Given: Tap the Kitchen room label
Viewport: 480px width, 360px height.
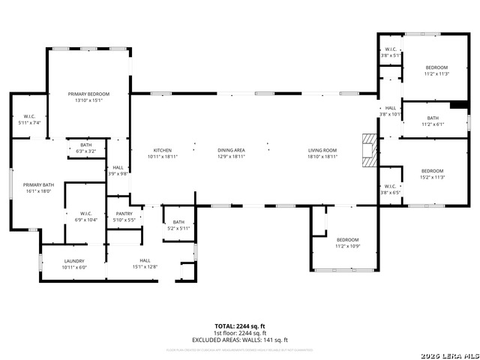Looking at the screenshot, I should coord(163,150).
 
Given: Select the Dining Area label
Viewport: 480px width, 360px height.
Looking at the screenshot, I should coord(231,150).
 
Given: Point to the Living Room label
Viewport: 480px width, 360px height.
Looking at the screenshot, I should coord(322,150).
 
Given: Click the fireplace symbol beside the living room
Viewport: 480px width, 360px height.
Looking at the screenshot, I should coord(367,151).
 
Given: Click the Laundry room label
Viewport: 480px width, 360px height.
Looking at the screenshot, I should coord(74,261).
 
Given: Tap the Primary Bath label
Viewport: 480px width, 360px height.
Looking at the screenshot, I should coord(37,184).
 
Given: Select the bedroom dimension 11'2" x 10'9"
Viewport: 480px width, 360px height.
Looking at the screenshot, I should coord(347,247).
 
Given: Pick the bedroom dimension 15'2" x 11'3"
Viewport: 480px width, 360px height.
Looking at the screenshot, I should coord(432,177).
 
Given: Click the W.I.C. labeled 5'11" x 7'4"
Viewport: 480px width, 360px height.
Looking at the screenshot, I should coord(30,122).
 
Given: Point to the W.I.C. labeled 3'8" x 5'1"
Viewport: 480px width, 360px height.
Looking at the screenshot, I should coord(391,55).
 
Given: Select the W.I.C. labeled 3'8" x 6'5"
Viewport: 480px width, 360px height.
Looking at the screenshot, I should coord(391,192).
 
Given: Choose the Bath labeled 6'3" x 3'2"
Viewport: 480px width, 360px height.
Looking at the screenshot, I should coord(85,151).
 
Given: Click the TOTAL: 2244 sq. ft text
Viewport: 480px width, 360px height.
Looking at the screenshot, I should coord(240,326).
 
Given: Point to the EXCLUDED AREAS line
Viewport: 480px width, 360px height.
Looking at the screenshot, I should coord(240,339).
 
